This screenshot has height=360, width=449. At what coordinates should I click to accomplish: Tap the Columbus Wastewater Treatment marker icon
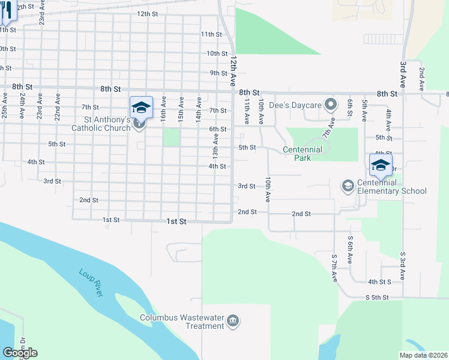point(234,322)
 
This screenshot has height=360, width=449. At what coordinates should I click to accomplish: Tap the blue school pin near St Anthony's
point(141,107)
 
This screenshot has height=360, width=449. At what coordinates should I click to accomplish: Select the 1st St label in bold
point(176,221)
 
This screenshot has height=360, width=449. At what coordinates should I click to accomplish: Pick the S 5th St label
point(378,298)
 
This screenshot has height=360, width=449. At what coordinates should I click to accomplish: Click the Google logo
point(20,353)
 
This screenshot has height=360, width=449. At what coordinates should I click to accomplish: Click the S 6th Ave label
point(349,246)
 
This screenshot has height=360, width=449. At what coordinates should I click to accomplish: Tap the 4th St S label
point(379,281)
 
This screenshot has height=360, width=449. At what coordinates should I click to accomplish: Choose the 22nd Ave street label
point(58,106)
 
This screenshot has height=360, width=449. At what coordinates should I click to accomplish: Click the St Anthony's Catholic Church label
point(100,123)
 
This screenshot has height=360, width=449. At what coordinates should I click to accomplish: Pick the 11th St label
point(211,34)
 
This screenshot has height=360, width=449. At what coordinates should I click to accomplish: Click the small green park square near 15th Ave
point(172,137)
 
